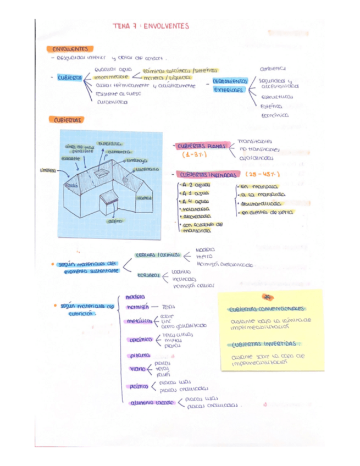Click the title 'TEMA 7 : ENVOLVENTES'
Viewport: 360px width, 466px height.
(150, 26)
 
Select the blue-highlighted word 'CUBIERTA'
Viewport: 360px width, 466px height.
(69, 78)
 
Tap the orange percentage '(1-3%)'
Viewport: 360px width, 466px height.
(192, 156)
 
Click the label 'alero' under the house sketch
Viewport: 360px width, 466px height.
(115, 221)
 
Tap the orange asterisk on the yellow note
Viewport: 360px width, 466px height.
(268, 296)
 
